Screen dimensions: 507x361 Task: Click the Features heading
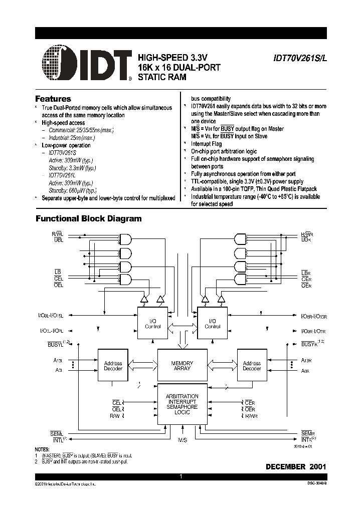53,99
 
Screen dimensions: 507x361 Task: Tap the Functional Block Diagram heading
88,218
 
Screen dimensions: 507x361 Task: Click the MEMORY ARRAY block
182,366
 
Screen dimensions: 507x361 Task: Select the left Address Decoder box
113,366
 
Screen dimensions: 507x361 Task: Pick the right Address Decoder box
252,366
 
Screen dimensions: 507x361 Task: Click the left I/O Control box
152,324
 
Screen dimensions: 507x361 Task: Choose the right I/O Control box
213,324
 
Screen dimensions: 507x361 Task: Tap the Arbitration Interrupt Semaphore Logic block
182,404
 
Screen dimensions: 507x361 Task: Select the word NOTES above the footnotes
43,449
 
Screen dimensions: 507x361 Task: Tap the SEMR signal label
307,432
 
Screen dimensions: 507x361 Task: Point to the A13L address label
58,361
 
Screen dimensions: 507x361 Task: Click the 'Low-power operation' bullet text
66,145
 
